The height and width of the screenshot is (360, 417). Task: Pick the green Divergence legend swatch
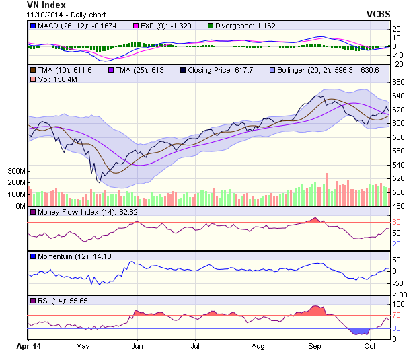point(210,26)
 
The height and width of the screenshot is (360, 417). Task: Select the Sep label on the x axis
point(314,345)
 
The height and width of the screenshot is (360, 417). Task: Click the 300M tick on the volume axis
point(16,172)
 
